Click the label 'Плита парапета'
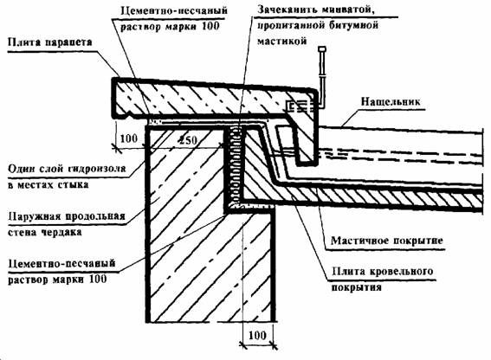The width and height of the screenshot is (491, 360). [x=49, y=42]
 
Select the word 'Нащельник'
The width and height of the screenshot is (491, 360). [x=391, y=101]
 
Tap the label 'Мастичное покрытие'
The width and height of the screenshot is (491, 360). [x=387, y=241]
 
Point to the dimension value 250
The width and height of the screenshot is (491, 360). [x=189, y=139]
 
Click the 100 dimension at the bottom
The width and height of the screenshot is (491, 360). [x=257, y=335]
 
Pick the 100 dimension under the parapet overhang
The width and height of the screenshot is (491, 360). [x=129, y=138]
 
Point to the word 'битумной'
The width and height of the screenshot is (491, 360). [x=354, y=25]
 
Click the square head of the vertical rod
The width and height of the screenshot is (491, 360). [x=322, y=49]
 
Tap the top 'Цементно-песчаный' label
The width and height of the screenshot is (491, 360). [x=174, y=10]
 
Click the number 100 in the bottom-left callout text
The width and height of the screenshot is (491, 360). [x=98, y=279]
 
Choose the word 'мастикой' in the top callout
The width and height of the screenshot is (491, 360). [x=281, y=41]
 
